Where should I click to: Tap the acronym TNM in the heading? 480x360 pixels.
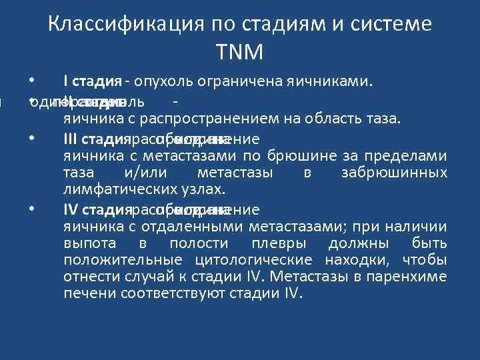click(239, 51)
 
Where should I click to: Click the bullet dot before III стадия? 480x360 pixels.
click(32, 138)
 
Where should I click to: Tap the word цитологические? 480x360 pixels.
click(254, 260)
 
